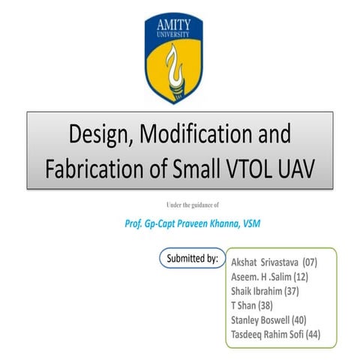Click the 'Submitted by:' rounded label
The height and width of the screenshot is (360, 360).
pyautogui.click(x=192, y=259)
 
